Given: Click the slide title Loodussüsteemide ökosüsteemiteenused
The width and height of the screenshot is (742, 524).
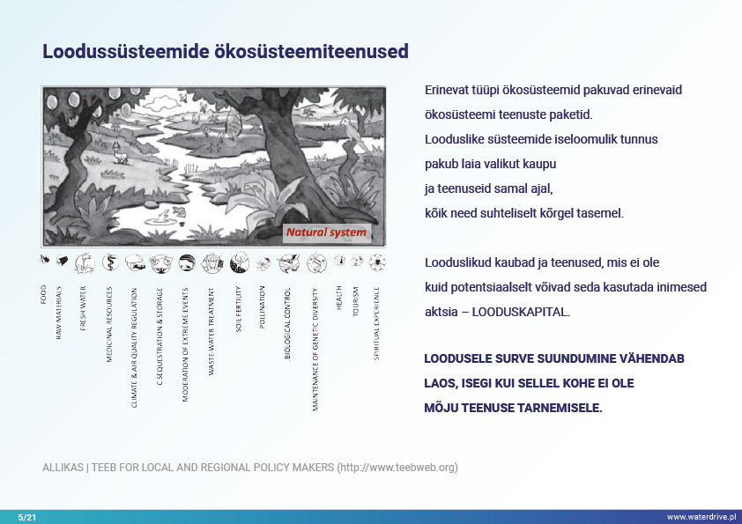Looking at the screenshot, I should (x=226, y=51).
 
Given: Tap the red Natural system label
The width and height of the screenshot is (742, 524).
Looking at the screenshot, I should (x=325, y=233).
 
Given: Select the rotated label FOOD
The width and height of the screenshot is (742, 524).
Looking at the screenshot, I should (x=43, y=294).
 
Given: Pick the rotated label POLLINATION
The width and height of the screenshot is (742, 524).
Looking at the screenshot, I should (x=263, y=307).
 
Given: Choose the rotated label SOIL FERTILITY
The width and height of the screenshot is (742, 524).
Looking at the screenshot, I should (x=238, y=308).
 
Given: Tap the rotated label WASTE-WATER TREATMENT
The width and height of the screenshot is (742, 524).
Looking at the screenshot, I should (x=211, y=331).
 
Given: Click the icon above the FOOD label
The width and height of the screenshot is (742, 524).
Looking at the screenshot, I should (x=44, y=261).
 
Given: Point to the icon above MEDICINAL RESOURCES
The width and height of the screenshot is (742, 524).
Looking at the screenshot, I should (x=109, y=262).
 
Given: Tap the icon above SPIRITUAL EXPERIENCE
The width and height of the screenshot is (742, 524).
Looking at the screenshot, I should (x=377, y=262).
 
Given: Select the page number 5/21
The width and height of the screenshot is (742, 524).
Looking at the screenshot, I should (x=27, y=516).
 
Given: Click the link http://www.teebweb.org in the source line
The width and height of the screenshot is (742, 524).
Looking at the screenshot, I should (x=397, y=467).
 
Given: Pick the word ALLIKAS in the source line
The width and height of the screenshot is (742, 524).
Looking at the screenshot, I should (x=63, y=467).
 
